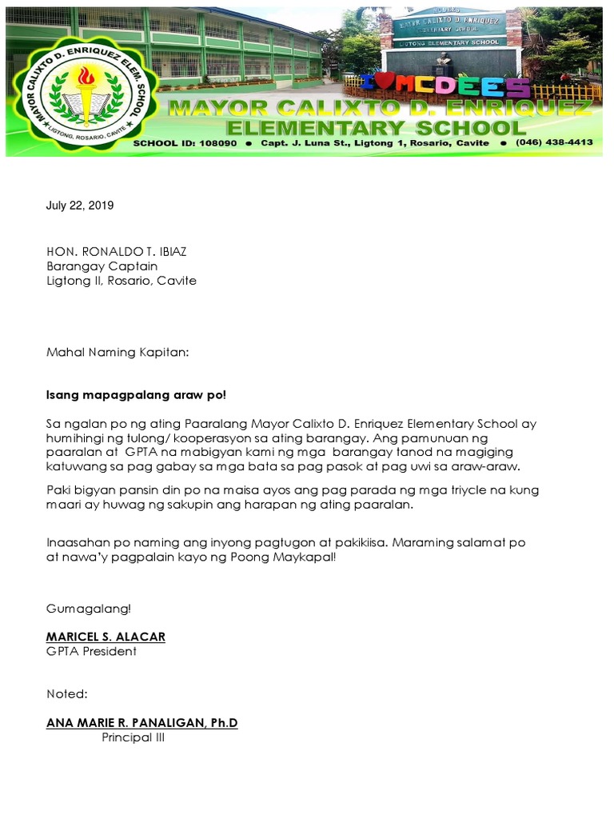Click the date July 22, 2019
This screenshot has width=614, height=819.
point(80,206)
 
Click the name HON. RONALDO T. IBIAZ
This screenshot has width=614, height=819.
point(117,251)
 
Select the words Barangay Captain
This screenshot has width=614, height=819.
point(102,266)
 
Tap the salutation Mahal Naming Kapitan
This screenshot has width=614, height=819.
point(118,351)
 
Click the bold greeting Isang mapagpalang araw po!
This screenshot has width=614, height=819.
point(136,395)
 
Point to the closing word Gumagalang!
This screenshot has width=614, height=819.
point(88,609)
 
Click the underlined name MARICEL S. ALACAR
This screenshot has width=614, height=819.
point(106,637)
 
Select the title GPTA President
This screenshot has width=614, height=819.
point(91,651)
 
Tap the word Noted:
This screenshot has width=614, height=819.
point(67,693)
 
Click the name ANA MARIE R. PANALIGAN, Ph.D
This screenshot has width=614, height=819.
point(142,723)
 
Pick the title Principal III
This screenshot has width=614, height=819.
point(133,737)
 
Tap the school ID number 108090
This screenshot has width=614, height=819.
point(213,142)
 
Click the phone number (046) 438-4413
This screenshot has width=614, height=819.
point(554,142)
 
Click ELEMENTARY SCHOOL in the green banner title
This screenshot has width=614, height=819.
point(376,128)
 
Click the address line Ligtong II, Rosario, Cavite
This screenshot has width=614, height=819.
point(121,281)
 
